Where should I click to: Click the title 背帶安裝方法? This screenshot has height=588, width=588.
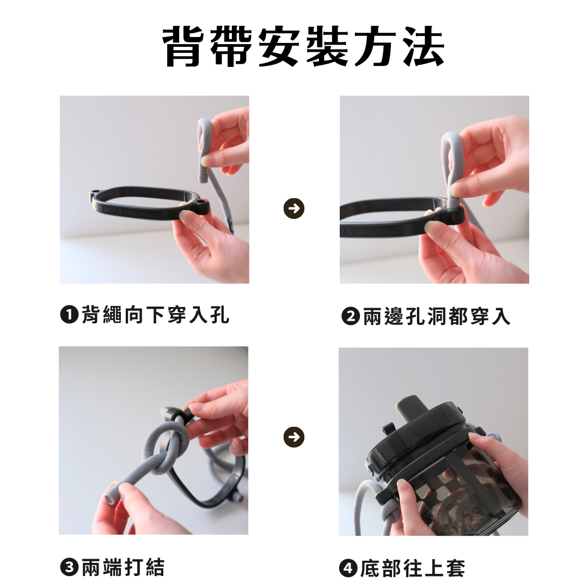point(304,47)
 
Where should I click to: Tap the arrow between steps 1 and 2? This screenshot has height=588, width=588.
point(294,208)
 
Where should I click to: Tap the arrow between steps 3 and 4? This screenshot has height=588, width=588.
point(294,437)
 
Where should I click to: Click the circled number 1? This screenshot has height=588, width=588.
point(69,314)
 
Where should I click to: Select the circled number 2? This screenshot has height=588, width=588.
point(351,316)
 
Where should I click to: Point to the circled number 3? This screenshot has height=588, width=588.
point(69,567)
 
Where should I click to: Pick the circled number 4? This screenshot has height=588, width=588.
point(348,568)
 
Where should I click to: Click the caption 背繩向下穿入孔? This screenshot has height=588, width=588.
point(155,314)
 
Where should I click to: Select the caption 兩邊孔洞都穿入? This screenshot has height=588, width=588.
point(437,316)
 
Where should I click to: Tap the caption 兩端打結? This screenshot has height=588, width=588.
point(123,567)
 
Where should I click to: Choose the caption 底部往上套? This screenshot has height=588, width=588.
point(413,568)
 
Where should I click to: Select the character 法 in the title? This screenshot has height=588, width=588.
point(423,47)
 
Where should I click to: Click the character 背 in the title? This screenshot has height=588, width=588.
point(184,47)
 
